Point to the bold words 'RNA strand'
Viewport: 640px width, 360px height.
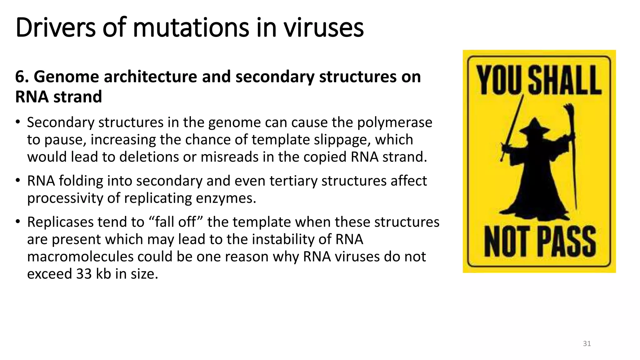pos(58,97)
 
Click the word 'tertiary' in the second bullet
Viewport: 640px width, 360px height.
pos(293,181)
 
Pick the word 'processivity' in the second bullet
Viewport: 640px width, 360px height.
pos(65,198)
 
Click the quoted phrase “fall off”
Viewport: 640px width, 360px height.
pos(176,222)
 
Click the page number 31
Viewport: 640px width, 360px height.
pos(587,344)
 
